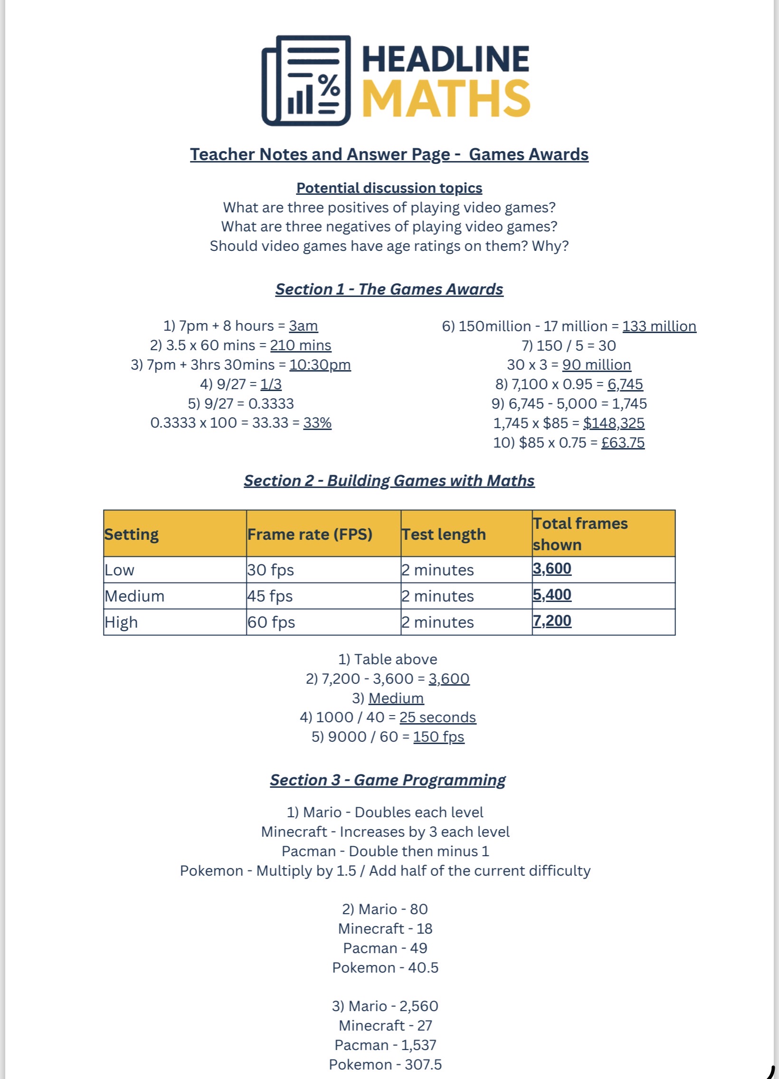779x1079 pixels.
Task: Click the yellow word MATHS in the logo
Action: [446, 98]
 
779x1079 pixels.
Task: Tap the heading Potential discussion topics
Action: [389, 188]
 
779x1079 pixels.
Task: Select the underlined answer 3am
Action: [304, 326]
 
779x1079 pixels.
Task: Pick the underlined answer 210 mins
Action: [301, 345]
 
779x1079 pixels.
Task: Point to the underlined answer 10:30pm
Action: [320, 365]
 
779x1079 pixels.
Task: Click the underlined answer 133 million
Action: [659, 326]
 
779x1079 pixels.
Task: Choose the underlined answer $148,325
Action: [614, 423]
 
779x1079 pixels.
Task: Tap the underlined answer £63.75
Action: [623, 442]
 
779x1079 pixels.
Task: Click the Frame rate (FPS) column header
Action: [310, 534]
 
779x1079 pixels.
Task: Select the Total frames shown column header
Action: [580, 534]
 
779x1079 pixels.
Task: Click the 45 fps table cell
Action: [270, 596]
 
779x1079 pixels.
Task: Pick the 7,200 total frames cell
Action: [552, 621]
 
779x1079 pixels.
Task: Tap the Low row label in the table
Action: [120, 570]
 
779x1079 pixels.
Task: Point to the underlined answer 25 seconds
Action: [437, 717]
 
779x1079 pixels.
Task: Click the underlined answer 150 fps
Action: [438, 737]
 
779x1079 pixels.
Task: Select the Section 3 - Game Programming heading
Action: [388, 780]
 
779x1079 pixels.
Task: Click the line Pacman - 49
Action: [385, 948]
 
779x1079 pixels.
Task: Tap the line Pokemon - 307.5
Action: [385, 1065]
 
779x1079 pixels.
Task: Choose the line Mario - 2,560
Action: [385, 1006]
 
